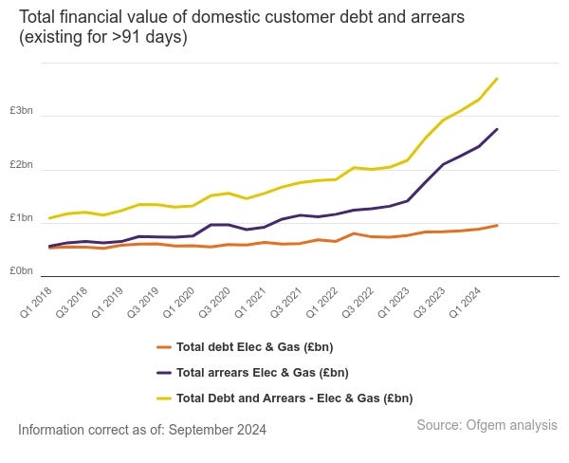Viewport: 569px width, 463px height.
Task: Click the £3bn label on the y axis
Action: coord(21,110)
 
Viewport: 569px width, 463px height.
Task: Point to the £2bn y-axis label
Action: coord(21,164)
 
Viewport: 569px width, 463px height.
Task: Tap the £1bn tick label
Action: coord(21,218)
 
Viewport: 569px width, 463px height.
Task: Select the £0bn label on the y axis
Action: coord(21,271)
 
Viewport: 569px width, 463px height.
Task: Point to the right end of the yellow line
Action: coord(497,79)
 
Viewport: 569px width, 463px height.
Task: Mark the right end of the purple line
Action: coord(497,129)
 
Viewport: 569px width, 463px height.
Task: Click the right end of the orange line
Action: coord(497,225)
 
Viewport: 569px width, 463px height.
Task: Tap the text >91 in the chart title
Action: coord(122,37)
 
